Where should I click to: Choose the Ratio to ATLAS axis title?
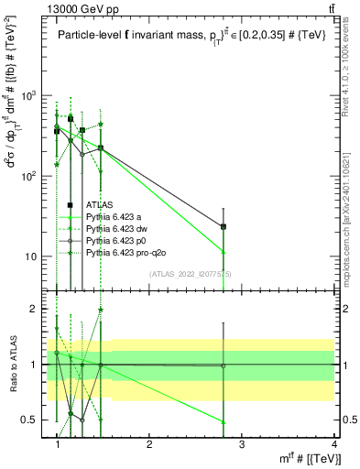coord(14,365)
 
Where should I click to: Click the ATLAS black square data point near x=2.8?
coord(223,226)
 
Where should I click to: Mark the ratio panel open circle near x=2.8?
coord(223,365)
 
